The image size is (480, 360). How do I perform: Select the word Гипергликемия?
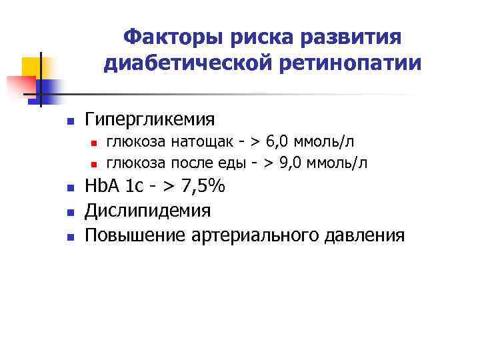click(x=150, y=120)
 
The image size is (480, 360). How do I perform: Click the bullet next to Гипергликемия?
click(x=69, y=122)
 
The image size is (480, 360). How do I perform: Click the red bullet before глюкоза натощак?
click(x=95, y=143)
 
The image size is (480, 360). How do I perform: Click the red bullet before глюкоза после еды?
click(x=95, y=163)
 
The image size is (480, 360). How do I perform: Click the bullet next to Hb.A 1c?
click(x=69, y=190)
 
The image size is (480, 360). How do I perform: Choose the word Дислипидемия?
click(x=148, y=211)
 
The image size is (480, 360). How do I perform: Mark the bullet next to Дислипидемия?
click(x=69, y=213)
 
